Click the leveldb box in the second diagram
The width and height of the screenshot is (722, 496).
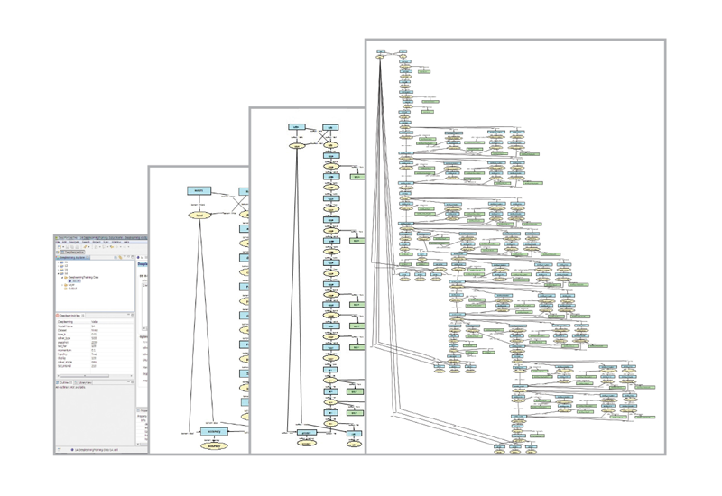(199, 191)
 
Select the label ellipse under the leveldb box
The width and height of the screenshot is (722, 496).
(199, 216)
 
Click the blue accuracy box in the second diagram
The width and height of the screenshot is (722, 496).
(214, 432)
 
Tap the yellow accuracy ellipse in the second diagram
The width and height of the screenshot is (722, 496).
(214, 445)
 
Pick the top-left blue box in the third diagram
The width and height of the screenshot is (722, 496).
(296, 127)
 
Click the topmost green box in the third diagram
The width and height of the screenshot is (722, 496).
(356, 178)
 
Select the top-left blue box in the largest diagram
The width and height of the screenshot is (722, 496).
(381, 52)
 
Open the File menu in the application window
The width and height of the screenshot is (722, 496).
(58, 242)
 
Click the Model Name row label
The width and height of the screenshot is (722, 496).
(66, 326)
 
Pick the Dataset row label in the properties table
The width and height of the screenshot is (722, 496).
(64, 330)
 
